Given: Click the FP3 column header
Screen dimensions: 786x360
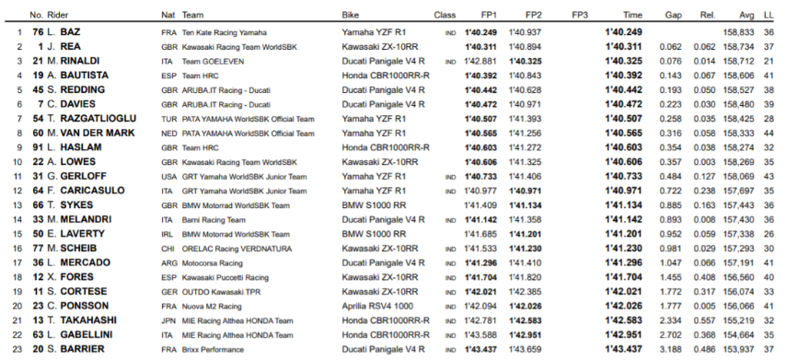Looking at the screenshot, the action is click(580, 16).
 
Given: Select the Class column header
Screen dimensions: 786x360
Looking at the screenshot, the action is click(445, 16).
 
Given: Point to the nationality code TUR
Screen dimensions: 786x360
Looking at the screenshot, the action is click(168, 119).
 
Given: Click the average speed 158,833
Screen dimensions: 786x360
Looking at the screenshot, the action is click(741, 31).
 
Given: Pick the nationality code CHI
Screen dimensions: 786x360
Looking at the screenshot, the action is click(168, 248).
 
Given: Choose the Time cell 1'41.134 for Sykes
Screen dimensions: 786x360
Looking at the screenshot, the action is click(624, 204).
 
